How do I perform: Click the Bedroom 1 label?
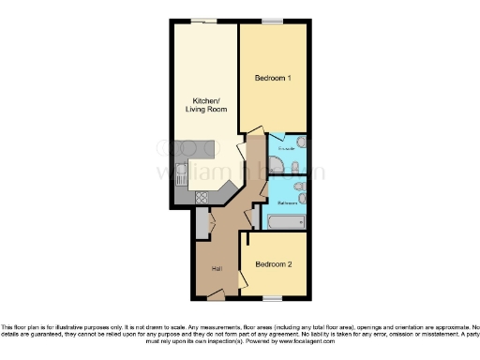point(272,80)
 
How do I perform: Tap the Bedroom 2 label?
point(274,264)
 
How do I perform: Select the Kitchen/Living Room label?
point(205,105)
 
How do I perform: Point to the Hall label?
point(217,269)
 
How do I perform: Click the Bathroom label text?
point(287,202)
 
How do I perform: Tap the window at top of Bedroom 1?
point(272,22)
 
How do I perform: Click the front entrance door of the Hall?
point(216,296)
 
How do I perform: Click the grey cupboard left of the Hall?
point(202,225)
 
